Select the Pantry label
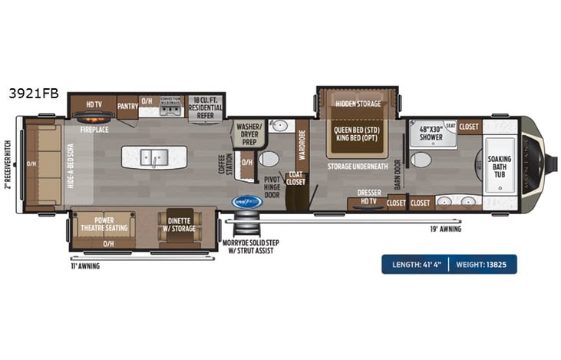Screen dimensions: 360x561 127,107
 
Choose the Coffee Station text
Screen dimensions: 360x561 225,163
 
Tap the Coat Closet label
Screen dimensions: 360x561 295,179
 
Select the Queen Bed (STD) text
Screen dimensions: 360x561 357,130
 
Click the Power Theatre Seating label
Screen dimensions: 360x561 103,224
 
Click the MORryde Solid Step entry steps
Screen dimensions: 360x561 246,226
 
